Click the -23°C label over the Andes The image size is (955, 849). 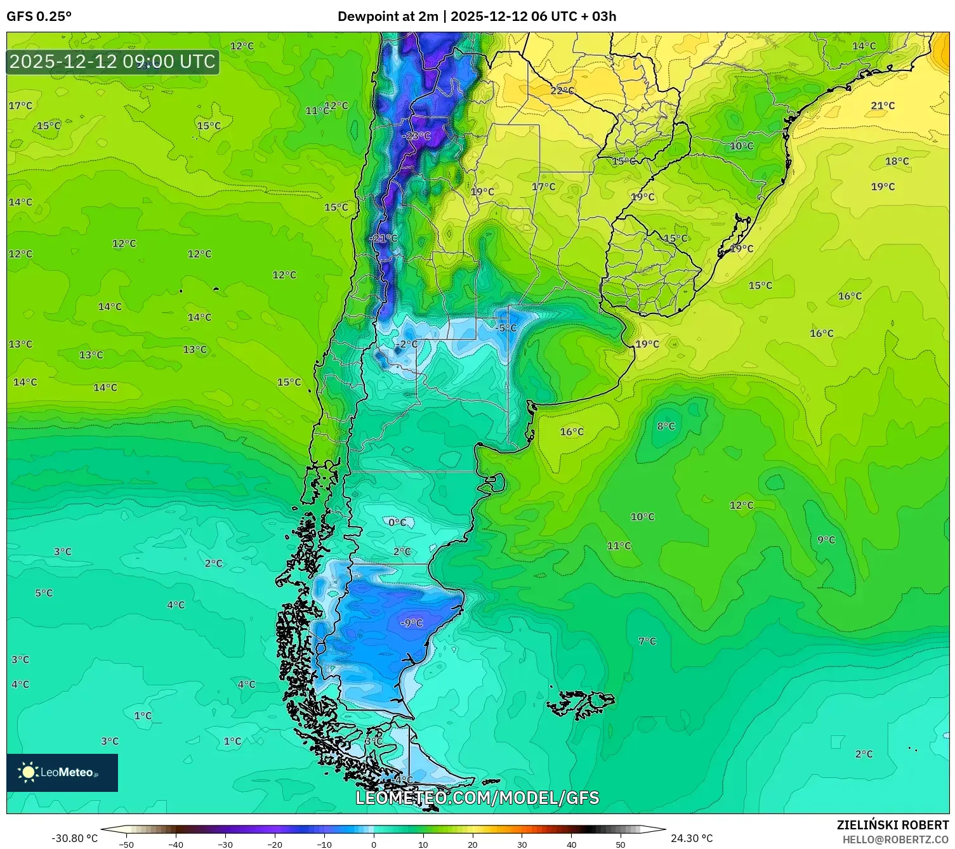[417, 136]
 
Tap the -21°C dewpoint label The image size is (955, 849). [384, 239]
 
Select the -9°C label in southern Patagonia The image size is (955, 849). [411, 623]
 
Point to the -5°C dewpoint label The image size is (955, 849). [506, 328]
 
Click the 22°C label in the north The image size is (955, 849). [562, 91]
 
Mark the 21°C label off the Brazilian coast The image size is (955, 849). [883, 106]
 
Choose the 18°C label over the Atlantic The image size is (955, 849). [897, 161]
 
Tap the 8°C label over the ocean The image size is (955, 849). [666, 426]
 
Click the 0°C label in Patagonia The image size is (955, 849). [397, 522]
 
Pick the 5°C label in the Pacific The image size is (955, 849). [44, 593]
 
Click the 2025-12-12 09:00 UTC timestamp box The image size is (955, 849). [113, 62]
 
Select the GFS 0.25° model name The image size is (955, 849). [39, 16]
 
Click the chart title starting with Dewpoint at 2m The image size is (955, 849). [477, 16]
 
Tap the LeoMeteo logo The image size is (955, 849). [62, 772]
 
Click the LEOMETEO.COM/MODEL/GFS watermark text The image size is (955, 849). [477, 798]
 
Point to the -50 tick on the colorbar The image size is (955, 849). [127, 844]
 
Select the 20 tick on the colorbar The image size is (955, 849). [472, 844]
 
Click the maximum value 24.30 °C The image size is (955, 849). [692, 838]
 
